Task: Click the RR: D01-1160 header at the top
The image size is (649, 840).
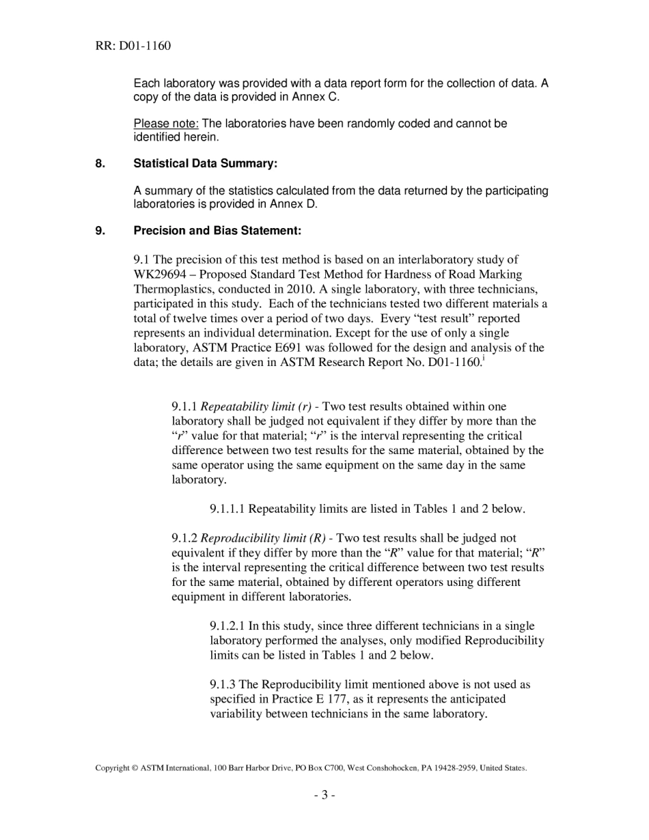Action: [x=133, y=46]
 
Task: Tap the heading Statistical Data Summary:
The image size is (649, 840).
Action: [x=206, y=164]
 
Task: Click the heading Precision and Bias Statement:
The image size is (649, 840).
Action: [x=217, y=231]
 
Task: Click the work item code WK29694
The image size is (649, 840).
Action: [x=163, y=275]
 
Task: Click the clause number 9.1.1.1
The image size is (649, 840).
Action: [x=227, y=509]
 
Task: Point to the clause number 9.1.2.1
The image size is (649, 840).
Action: [x=227, y=626]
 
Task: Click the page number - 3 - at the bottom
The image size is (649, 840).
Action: [x=324, y=794]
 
